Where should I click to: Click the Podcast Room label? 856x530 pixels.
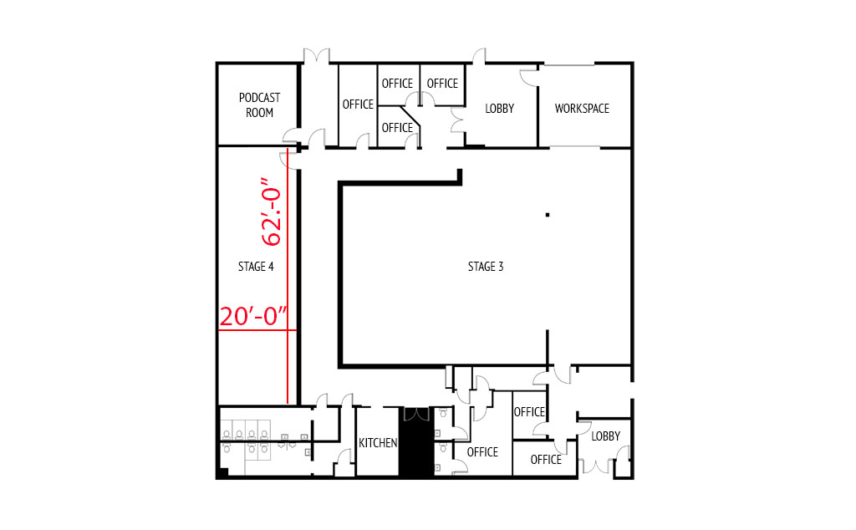click(259, 104)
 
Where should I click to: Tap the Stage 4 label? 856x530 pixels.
click(256, 267)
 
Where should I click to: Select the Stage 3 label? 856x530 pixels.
click(486, 267)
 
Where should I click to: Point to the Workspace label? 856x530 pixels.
click(582, 108)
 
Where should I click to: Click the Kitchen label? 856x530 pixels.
click(378, 443)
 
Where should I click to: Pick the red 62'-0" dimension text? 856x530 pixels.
click(272, 211)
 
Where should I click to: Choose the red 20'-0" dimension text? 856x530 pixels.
click(253, 317)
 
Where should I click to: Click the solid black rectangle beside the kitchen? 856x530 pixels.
click(416, 442)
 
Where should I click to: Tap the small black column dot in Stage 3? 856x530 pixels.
click(548, 215)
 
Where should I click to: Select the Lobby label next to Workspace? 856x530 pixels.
click(500, 108)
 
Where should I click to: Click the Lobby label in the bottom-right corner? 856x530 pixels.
click(605, 436)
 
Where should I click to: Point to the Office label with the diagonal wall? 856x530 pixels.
click(397, 127)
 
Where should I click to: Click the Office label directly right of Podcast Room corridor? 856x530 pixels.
click(358, 104)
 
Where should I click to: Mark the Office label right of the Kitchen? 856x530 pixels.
click(482, 452)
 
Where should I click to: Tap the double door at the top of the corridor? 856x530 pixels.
click(317, 56)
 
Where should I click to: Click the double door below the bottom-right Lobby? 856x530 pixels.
click(597, 466)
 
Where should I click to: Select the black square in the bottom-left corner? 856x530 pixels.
click(222, 473)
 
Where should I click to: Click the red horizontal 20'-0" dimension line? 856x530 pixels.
click(257, 330)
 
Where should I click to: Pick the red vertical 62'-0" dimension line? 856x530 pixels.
click(288, 276)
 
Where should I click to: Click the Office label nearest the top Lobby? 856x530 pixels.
click(442, 83)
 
